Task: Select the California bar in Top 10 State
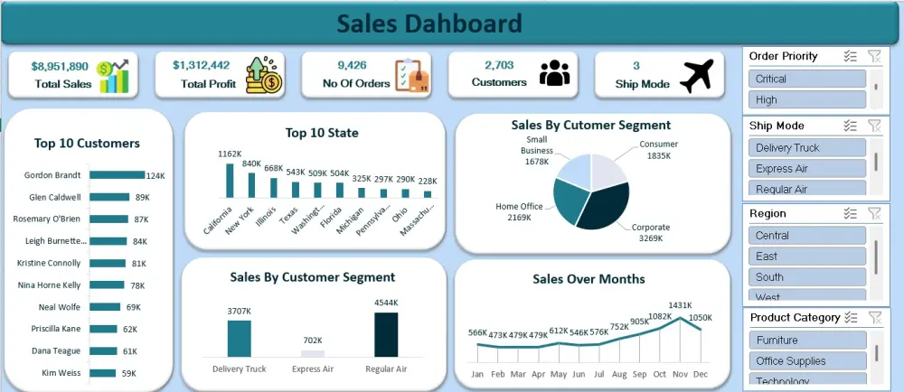point(230,180)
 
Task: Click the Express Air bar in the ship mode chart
point(313,353)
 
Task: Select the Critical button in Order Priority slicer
point(807,79)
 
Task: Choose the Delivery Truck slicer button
point(807,147)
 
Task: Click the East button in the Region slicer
point(807,257)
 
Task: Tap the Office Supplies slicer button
point(807,361)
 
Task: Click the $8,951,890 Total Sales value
point(60,66)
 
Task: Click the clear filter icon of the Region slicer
point(873,213)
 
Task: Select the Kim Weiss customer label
point(61,372)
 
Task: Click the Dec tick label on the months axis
point(702,373)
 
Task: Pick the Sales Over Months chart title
point(589,279)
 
